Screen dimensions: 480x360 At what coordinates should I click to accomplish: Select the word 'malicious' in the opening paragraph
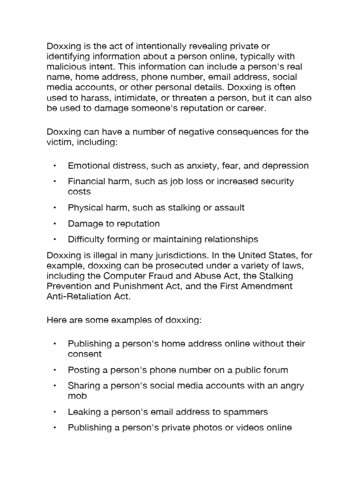coord(66,67)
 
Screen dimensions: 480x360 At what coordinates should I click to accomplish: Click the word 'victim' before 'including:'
coord(59,142)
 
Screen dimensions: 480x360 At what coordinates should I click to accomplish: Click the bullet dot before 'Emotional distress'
coord(55,166)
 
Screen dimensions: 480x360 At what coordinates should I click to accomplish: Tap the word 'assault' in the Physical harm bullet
coord(229,207)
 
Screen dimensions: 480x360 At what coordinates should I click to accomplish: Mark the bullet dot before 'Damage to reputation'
coord(55,224)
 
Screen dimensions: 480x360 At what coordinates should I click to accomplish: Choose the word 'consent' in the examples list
coord(85,354)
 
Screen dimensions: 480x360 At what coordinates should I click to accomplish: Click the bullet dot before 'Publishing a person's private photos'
coord(55,427)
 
